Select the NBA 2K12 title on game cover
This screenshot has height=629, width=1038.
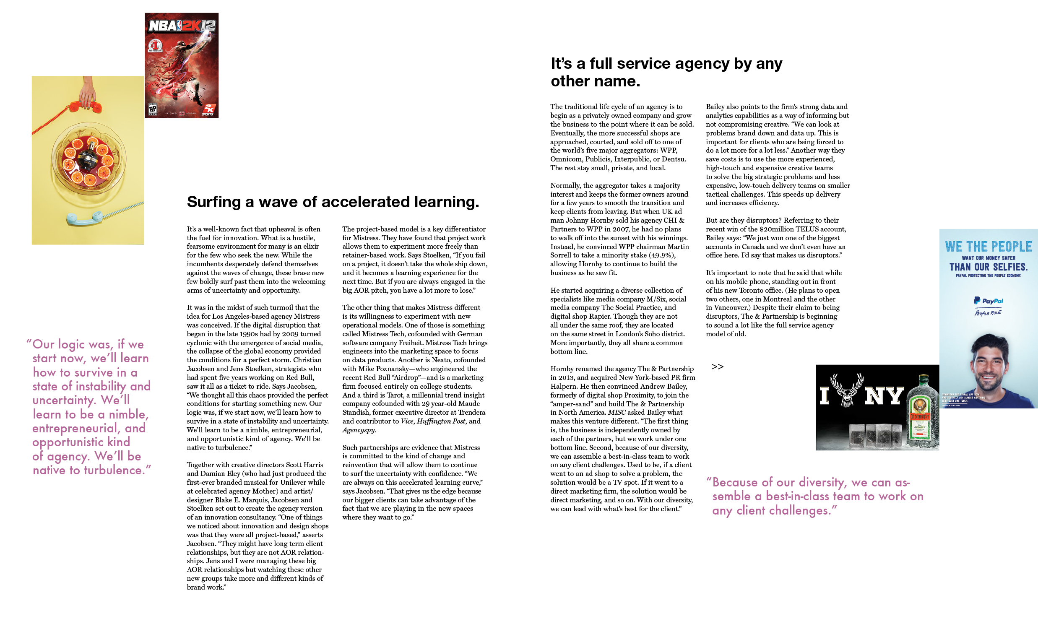point(182,26)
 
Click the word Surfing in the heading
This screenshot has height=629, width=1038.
point(214,202)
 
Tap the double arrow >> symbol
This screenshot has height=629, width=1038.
point(717,367)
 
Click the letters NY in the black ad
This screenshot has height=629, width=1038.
point(884,396)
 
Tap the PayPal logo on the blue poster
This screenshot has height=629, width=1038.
point(988,301)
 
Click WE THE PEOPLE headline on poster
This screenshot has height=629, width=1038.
point(988,247)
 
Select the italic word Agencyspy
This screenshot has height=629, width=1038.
point(359,430)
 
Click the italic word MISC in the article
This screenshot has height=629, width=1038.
point(617,413)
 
